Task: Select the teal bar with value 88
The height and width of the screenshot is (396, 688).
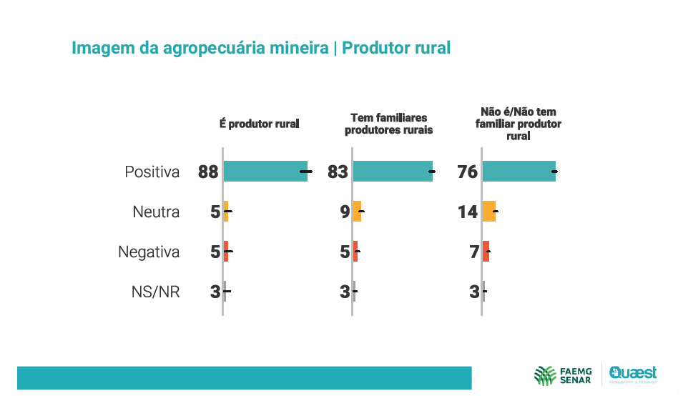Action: (x=265, y=172)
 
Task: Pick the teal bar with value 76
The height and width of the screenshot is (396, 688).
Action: (x=519, y=172)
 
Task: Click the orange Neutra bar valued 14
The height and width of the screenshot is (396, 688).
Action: (x=489, y=212)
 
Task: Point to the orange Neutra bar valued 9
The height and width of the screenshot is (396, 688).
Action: (x=358, y=212)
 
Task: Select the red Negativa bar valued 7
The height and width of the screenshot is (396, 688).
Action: (x=486, y=252)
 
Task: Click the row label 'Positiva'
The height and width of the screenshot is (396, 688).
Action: (x=152, y=172)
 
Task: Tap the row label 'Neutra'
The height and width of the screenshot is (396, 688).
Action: (x=156, y=212)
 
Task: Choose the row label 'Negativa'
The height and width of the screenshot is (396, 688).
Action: (x=148, y=252)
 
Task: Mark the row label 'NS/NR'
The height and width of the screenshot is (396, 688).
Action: (x=155, y=292)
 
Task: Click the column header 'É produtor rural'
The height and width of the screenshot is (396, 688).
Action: (x=259, y=124)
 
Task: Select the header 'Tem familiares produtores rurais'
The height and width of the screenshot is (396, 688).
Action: (x=388, y=124)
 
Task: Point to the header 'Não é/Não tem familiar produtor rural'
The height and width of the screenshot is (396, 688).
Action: (x=518, y=124)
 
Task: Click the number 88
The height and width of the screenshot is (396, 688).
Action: (x=208, y=172)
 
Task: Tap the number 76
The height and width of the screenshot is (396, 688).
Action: (x=467, y=172)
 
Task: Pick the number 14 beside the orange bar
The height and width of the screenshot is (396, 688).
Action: (x=468, y=212)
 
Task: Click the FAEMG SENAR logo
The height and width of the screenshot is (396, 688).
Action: (x=562, y=375)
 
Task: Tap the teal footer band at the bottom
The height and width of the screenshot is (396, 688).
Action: (x=244, y=377)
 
